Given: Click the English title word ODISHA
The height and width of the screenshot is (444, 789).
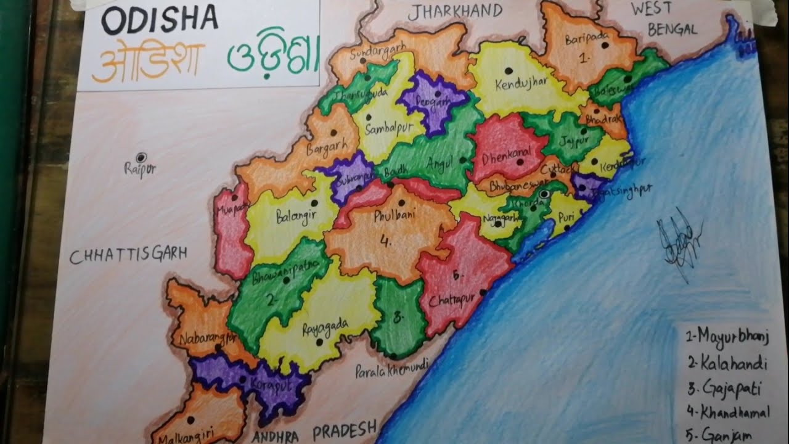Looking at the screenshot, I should (x=159, y=21).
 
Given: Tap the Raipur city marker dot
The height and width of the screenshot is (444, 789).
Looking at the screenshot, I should (x=141, y=157).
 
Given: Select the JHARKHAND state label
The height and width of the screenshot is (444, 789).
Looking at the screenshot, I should (x=456, y=10).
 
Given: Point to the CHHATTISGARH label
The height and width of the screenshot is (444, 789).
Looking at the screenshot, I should (x=128, y=255).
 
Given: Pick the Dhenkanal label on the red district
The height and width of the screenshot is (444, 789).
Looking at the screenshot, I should (x=506, y=158).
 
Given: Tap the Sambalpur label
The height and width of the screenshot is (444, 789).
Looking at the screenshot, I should (x=386, y=130).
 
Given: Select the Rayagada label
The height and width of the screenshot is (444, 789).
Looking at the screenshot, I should (x=325, y=326).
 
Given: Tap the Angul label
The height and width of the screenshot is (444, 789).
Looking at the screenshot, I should (x=439, y=162).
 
